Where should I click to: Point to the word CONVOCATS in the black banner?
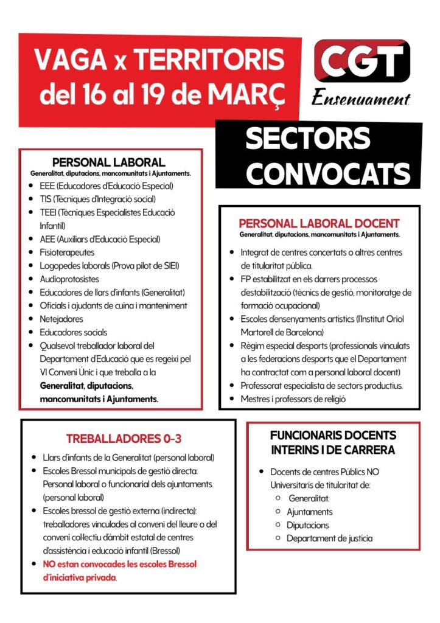pyautogui.click(x=328, y=173)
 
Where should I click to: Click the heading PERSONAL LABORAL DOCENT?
pyautogui.click(x=319, y=223)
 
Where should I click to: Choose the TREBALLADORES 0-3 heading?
pyautogui.click(x=124, y=438)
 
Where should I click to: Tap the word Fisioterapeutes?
pyautogui.click(x=67, y=252)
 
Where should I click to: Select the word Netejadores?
pyautogui.click(x=61, y=319)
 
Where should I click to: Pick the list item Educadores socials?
pyautogui.click(x=73, y=332)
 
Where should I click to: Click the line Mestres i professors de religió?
pyautogui.click(x=293, y=399)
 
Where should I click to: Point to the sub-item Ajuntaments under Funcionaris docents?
pyautogui.click(x=310, y=512)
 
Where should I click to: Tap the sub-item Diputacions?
pyautogui.click(x=308, y=525)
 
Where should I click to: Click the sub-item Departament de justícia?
pyautogui.click(x=329, y=538)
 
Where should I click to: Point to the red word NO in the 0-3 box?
pyautogui.click(x=49, y=564)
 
